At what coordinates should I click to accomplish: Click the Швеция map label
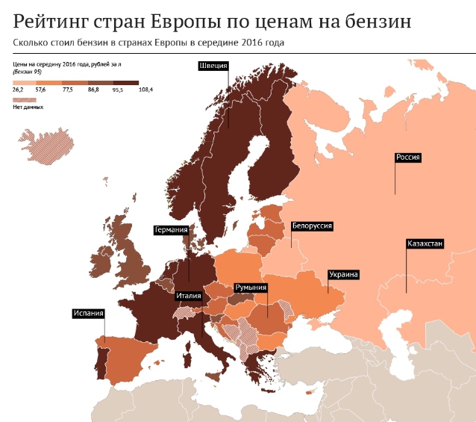point(213,66)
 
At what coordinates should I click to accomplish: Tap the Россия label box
point(409,158)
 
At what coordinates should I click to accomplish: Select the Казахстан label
point(425,244)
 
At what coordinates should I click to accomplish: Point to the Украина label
point(344,275)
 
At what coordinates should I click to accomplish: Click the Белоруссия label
point(312,225)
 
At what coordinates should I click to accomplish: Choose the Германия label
point(171,230)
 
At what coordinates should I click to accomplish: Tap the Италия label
point(189,296)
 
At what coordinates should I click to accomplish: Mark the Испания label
point(88,314)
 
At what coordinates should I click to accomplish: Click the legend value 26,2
point(18,90)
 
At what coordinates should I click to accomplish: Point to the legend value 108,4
point(145,90)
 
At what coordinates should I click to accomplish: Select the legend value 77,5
point(68,90)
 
